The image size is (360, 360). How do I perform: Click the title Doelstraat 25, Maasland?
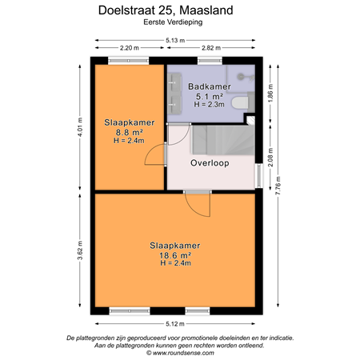point(179,10)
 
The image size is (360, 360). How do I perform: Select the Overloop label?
point(210,162)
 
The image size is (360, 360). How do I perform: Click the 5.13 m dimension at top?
point(179,40)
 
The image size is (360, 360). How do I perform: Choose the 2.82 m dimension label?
point(212,50)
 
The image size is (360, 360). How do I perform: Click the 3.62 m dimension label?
point(81,250)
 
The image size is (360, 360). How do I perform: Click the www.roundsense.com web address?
point(179,353)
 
